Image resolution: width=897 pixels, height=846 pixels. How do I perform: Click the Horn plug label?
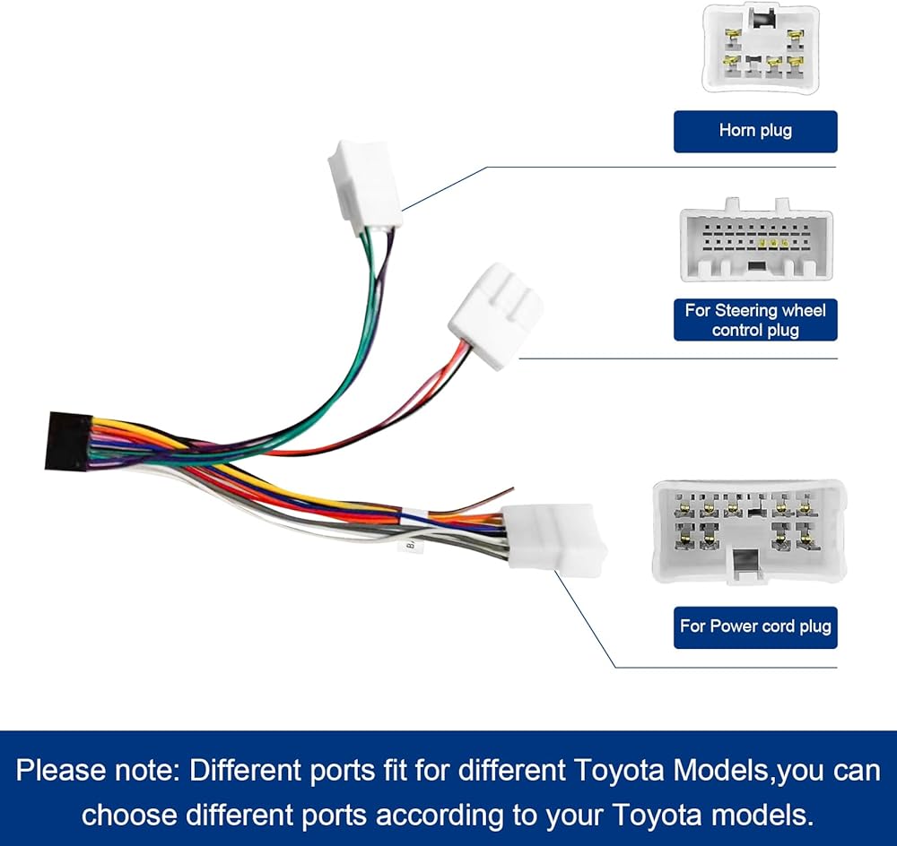coord(755,131)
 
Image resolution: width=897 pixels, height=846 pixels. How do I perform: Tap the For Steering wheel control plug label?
coord(755,320)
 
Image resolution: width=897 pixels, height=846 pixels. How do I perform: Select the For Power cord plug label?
coord(755,626)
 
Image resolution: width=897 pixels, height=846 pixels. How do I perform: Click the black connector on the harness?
coord(68,441)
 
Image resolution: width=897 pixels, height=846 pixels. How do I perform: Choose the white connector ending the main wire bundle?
coord(553,540)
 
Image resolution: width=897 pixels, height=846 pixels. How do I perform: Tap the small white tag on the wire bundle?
coord(410,545)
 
